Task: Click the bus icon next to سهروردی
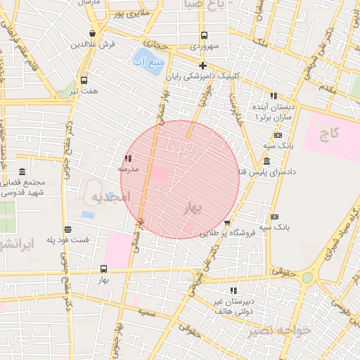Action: point(204,35)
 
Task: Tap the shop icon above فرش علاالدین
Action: point(92,33)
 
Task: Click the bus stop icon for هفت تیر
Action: point(84,80)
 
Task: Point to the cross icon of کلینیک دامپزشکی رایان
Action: point(202,65)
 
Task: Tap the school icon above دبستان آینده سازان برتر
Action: point(274,96)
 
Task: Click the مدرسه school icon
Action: point(127,158)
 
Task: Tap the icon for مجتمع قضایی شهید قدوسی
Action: point(22,172)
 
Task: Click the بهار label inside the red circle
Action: point(191,208)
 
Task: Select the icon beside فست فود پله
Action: point(67,229)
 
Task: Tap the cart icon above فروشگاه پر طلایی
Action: point(226,222)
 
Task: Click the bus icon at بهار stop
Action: point(104,269)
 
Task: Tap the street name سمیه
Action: point(146,311)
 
